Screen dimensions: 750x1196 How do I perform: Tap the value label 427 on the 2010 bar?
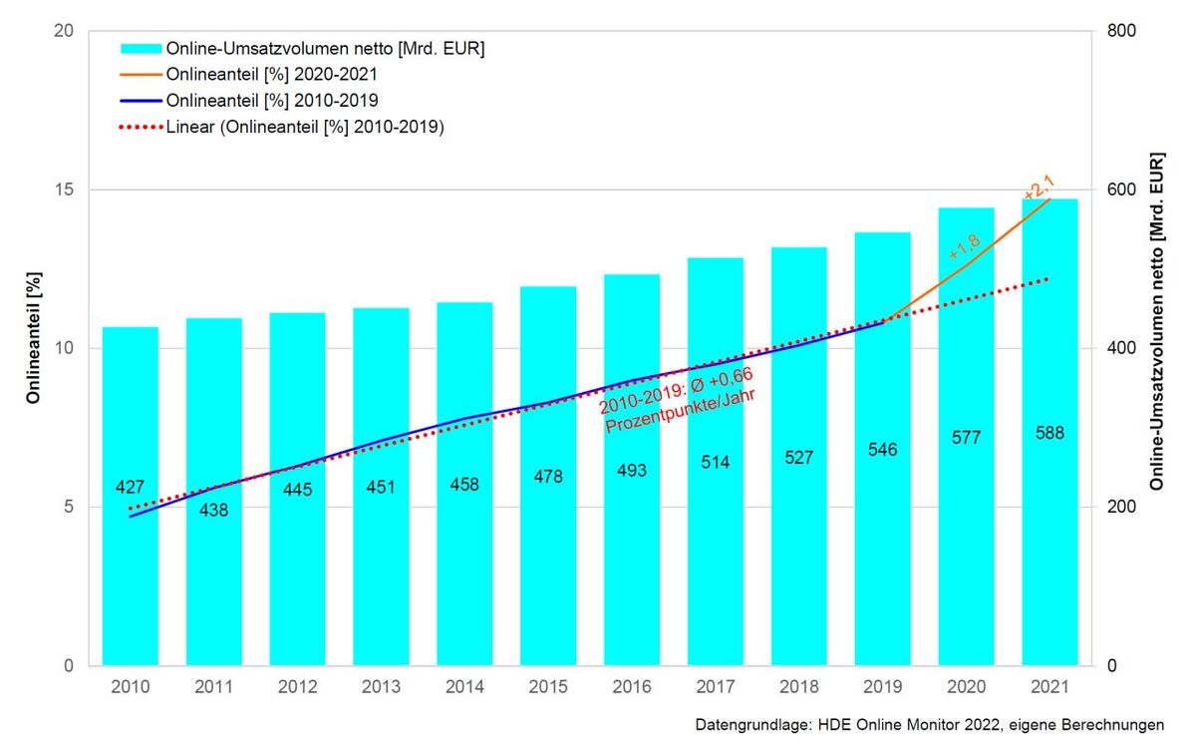click(131, 487)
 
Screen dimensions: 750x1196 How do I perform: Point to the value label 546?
click(882, 450)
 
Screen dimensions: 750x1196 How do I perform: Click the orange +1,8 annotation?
click(964, 245)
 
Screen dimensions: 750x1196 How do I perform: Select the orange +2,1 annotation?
click(1039, 187)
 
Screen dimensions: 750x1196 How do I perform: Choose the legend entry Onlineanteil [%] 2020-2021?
click(271, 75)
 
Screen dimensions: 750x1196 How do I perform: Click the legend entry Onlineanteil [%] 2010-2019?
click(271, 101)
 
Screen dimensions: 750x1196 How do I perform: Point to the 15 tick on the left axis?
click(66, 189)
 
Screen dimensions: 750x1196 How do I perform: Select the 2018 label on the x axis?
click(798, 687)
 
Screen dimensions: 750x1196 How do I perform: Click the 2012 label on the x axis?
click(297, 687)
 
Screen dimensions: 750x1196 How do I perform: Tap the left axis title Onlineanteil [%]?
click(33, 348)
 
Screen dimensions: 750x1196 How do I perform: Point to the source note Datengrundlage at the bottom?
click(929, 724)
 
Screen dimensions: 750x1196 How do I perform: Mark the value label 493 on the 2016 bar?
click(632, 470)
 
